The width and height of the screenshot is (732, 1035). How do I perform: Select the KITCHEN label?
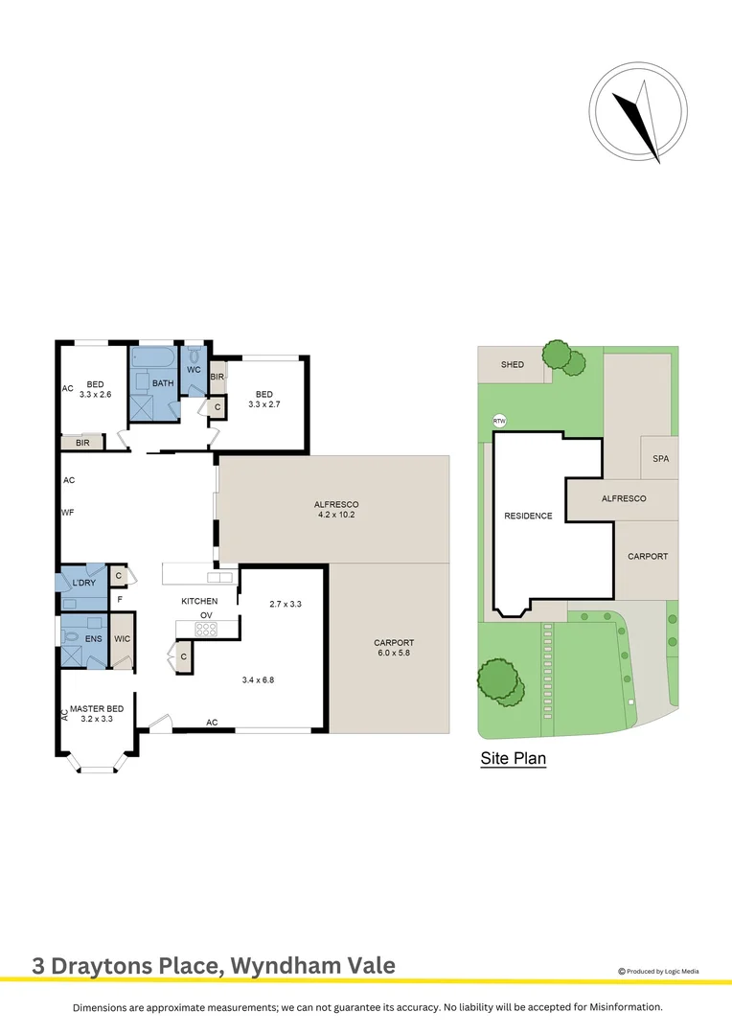click(x=200, y=601)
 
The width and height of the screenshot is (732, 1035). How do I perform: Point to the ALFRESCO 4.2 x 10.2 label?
click(x=334, y=509)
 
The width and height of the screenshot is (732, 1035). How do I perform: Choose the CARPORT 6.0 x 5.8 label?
click(x=393, y=648)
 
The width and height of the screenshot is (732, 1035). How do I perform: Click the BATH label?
click(x=163, y=383)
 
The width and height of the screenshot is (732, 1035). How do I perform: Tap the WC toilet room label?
click(x=193, y=370)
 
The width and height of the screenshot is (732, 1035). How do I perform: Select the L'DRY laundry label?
click(x=83, y=584)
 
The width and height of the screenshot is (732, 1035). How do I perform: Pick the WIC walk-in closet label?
click(x=122, y=638)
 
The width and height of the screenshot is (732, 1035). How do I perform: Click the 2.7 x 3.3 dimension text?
click(x=286, y=605)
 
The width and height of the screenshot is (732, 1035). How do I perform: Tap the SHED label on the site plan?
click(x=513, y=365)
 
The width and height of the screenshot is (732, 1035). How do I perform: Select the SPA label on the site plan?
click(x=660, y=459)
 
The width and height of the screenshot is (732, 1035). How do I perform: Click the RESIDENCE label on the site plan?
click(x=528, y=516)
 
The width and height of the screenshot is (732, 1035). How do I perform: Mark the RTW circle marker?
click(x=498, y=421)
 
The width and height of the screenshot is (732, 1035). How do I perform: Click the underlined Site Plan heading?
click(x=513, y=759)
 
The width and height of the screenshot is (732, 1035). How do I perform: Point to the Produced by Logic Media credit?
click(x=659, y=971)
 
